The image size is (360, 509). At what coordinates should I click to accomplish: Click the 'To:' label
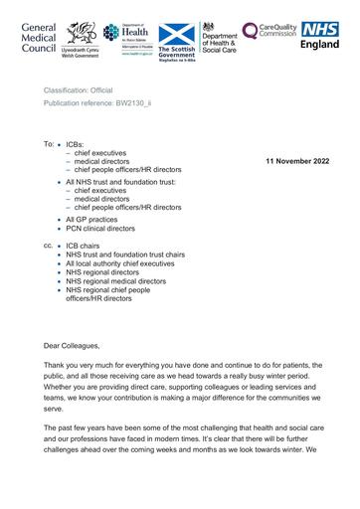49,144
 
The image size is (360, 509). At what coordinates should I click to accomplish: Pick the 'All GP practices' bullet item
94,218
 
